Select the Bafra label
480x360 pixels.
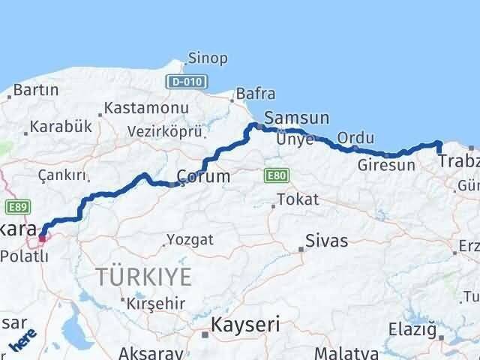(x=255, y=94)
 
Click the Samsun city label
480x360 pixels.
(x=297, y=118)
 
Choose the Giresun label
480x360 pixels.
(x=386, y=165)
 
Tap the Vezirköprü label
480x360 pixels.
(x=166, y=130)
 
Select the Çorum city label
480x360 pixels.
(x=203, y=177)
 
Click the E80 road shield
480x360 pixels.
(x=273, y=175)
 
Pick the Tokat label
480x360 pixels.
(x=298, y=199)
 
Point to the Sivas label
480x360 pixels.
(x=326, y=241)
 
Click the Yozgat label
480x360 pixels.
(x=190, y=240)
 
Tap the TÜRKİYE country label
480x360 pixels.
(x=143, y=276)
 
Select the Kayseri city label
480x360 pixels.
(x=245, y=325)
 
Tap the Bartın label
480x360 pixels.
(x=36, y=90)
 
